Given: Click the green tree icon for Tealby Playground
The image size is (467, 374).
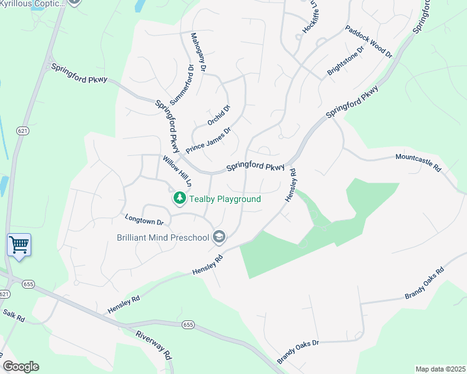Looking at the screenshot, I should [180, 198].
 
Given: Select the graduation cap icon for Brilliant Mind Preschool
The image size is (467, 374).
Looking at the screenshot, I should [219, 237].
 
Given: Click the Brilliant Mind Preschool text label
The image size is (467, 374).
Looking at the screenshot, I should [163, 237].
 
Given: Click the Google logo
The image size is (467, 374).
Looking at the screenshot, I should [21, 367].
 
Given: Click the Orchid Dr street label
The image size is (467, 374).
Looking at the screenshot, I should [219, 115].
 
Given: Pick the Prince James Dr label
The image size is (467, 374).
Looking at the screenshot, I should [209, 141].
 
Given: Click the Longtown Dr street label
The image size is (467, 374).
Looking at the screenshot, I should [144, 221].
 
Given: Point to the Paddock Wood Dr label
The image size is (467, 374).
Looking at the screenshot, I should [368, 42].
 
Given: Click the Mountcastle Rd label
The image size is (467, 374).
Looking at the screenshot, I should [418, 164].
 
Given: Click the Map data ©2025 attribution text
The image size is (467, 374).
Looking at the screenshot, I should [440, 369].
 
